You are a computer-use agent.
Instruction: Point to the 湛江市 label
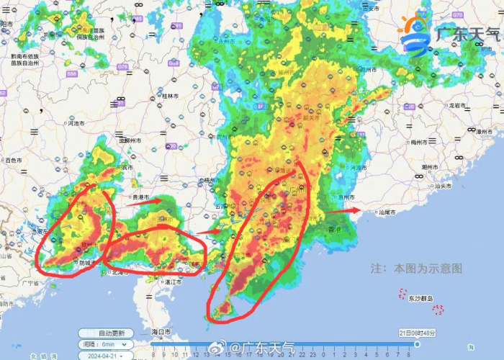click(172, 283)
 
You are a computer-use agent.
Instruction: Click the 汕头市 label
click(445, 186)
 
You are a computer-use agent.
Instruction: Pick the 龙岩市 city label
click(459, 105)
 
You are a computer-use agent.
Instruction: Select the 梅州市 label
click(419, 141)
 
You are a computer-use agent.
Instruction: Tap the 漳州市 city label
click(484, 132)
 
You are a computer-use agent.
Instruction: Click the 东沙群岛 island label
click(420, 298)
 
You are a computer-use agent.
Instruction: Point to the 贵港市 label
click(139, 197)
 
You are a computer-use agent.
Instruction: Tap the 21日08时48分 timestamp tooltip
click(417, 332)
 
